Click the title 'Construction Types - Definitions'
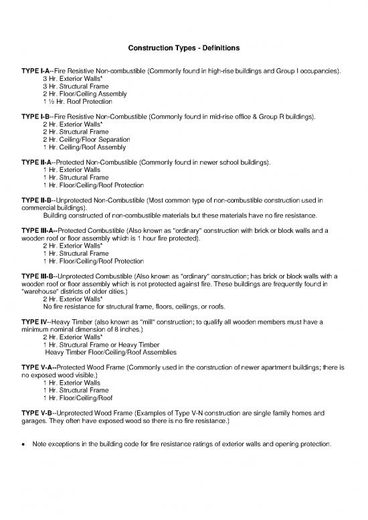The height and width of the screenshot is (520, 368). (183, 48)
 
